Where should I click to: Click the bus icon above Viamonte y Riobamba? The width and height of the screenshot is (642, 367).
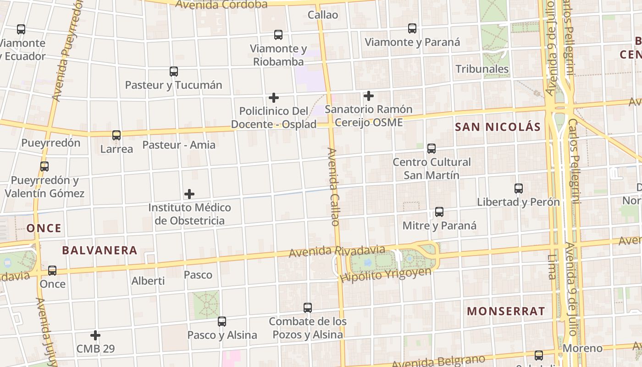[x=278, y=35]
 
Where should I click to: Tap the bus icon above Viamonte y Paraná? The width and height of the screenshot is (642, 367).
[x=412, y=28]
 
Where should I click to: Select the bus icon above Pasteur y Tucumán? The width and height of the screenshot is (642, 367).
[x=174, y=72]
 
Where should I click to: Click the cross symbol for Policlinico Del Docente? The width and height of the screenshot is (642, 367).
[x=274, y=98]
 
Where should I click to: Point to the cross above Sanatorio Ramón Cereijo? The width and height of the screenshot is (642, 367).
[x=368, y=96]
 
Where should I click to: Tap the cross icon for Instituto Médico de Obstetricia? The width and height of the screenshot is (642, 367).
[x=189, y=194]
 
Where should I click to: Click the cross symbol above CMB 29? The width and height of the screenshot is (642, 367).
[x=95, y=335]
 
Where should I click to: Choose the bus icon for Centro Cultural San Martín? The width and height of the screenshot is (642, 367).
[x=432, y=149]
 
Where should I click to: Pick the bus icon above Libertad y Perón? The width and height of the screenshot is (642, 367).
[x=519, y=189]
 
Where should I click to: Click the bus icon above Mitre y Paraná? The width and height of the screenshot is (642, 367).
[x=439, y=212]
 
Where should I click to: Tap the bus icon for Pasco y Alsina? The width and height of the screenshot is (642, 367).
[x=222, y=322]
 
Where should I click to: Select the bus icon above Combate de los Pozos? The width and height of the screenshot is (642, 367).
[x=308, y=308]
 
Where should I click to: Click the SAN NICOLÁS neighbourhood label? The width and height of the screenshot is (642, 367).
[x=498, y=127]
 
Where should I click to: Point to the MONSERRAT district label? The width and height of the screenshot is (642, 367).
[x=506, y=311]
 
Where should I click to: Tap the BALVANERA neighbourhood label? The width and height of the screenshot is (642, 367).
[x=100, y=250]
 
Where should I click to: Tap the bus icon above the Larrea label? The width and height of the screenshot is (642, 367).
[x=116, y=135]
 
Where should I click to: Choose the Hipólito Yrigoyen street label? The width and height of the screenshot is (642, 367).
[x=386, y=275]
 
